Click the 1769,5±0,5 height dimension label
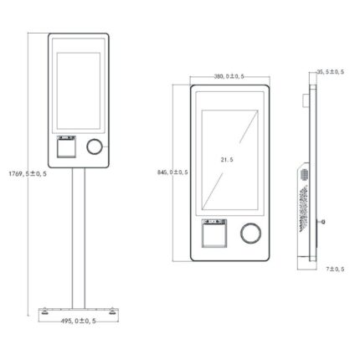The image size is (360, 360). coord(28,174)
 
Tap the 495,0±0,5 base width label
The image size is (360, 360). coord(78,321)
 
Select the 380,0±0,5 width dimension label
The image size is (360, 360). coord(229,76)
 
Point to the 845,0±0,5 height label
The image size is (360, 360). coord(172,172)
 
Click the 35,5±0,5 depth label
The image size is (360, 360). coord(330,72)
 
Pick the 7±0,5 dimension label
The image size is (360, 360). coord(335,269)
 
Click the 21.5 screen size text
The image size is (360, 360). coord(227,160)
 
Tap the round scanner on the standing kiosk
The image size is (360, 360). coord(95,147)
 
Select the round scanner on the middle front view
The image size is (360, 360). coord(251,233)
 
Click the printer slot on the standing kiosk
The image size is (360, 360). coord(66,147)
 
